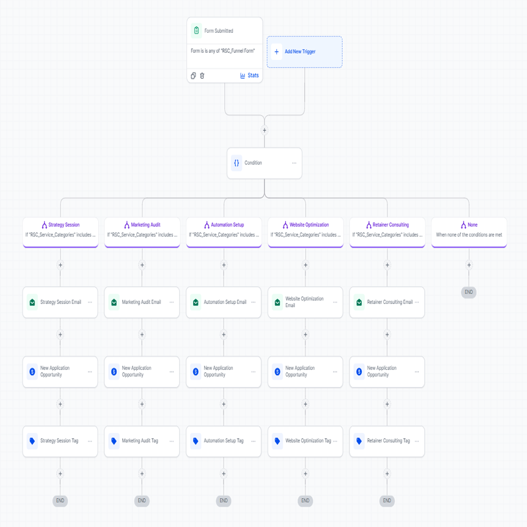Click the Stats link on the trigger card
click(250, 76)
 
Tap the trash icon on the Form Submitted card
click(202, 76)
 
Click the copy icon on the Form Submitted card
click(194, 76)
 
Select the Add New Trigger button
click(305, 52)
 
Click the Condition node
click(265, 163)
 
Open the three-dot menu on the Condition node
click(294, 163)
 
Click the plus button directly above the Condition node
click(265, 130)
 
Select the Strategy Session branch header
click(61, 232)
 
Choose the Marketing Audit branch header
click(142, 232)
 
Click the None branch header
click(469, 232)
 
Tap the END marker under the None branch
click(469, 292)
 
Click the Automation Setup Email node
click(223, 302)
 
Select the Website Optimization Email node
click(305, 302)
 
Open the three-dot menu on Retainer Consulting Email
click(417, 302)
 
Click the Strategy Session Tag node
click(60, 441)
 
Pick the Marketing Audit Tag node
click(142, 441)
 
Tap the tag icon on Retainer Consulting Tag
click(359, 441)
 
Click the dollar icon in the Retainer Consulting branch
click(359, 372)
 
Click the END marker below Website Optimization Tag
click(305, 501)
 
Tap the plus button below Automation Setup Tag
click(223, 474)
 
